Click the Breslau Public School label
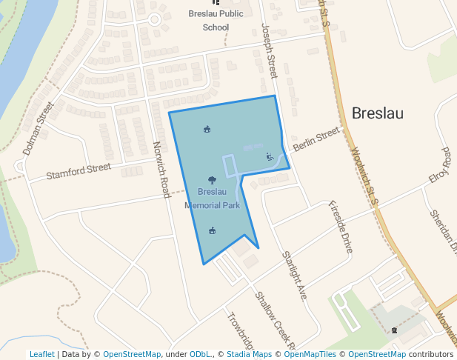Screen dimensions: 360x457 [216, 21]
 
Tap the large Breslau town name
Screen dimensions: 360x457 [378, 113]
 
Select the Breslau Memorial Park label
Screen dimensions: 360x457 [212, 199]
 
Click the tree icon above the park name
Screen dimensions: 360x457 [212, 180]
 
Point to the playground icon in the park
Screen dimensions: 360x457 [269, 156]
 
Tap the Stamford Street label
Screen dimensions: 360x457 [79, 172]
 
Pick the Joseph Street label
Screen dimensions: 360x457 [268, 50]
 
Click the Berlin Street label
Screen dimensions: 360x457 [316, 139]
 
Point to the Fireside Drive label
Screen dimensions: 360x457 [340, 227]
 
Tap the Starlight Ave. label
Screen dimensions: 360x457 [293, 276]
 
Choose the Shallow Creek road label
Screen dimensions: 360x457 [274, 319]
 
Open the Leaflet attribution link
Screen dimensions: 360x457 [41, 354]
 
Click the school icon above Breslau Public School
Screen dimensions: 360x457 [216, 3]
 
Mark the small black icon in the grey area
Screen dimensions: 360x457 [395, 330]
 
